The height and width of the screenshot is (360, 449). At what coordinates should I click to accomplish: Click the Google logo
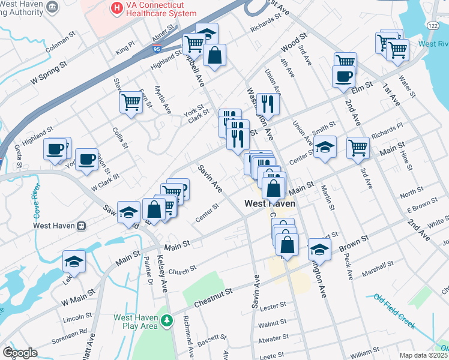20,353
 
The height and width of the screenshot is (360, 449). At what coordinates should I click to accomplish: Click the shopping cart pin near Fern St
130,101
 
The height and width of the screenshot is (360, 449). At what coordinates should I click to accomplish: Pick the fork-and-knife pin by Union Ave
268,103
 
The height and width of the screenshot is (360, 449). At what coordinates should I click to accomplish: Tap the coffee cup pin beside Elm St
343,76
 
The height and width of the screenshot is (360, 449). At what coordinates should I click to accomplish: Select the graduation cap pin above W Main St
74,261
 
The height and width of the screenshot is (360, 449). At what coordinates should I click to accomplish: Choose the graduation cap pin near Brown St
319,249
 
